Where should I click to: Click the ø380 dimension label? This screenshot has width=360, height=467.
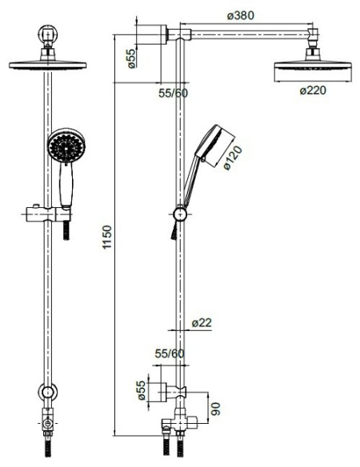click(x=241, y=15)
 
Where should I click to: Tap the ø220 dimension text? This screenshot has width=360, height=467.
click(x=313, y=90)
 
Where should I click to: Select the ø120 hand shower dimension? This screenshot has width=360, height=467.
click(x=233, y=158)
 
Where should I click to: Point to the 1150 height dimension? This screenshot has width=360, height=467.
click(x=106, y=237)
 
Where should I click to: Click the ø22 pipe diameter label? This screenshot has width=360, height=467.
click(x=202, y=322)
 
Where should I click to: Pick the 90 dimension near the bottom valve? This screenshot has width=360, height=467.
click(x=215, y=409)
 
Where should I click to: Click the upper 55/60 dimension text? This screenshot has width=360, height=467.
click(x=173, y=94)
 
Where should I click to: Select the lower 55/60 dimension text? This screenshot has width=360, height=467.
click(x=170, y=353)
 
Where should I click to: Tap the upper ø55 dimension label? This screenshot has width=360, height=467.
click(x=131, y=58)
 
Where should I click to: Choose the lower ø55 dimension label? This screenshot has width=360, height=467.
click(x=142, y=390)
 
